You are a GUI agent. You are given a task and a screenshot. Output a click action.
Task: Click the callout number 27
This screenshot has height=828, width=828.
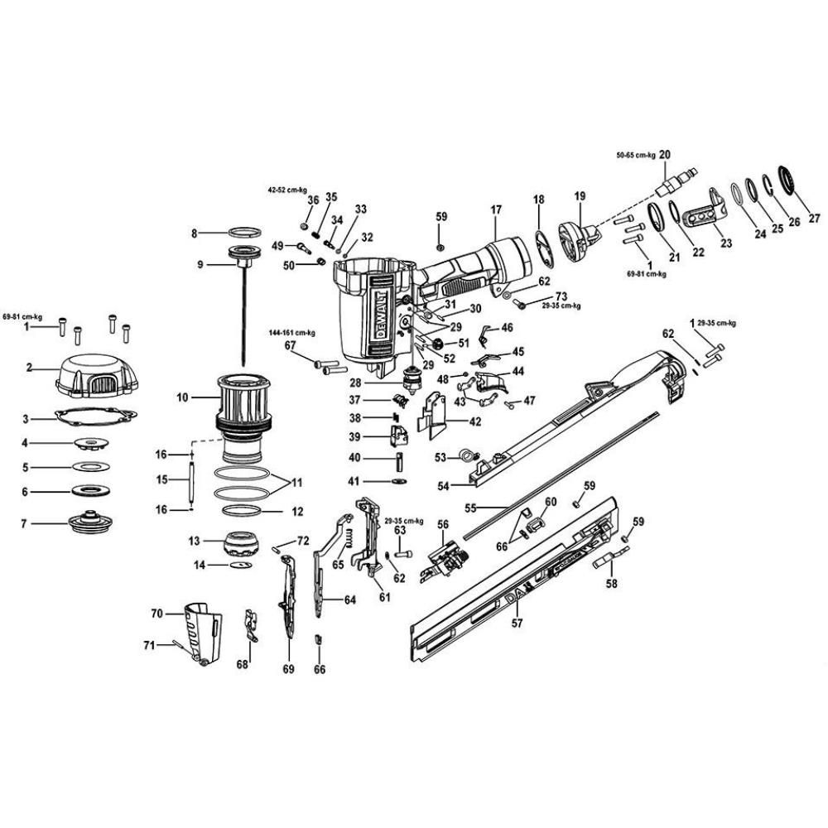point(814,219)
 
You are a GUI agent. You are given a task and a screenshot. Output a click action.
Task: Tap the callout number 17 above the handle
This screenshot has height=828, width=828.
point(496,210)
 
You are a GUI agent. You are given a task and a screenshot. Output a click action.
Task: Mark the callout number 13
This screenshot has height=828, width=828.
point(195,541)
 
